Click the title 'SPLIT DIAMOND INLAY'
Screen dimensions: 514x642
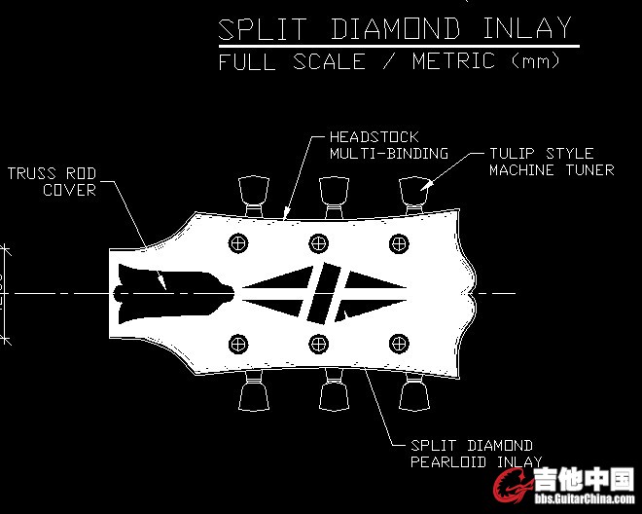coord(395,28)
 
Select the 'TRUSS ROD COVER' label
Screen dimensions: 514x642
coord(53,182)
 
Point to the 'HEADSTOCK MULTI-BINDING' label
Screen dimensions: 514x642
coord(388,145)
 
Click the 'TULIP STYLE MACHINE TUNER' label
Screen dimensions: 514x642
coord(552,162)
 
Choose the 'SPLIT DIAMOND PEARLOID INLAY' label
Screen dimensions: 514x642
coord(472,454)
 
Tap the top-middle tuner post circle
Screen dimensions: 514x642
coord(318,242)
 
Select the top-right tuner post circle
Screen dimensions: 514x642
coord(398,242)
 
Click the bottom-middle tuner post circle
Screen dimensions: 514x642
coord(318,343)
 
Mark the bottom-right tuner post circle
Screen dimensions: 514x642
coord(398,343)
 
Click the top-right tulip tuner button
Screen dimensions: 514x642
coord(415,187)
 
